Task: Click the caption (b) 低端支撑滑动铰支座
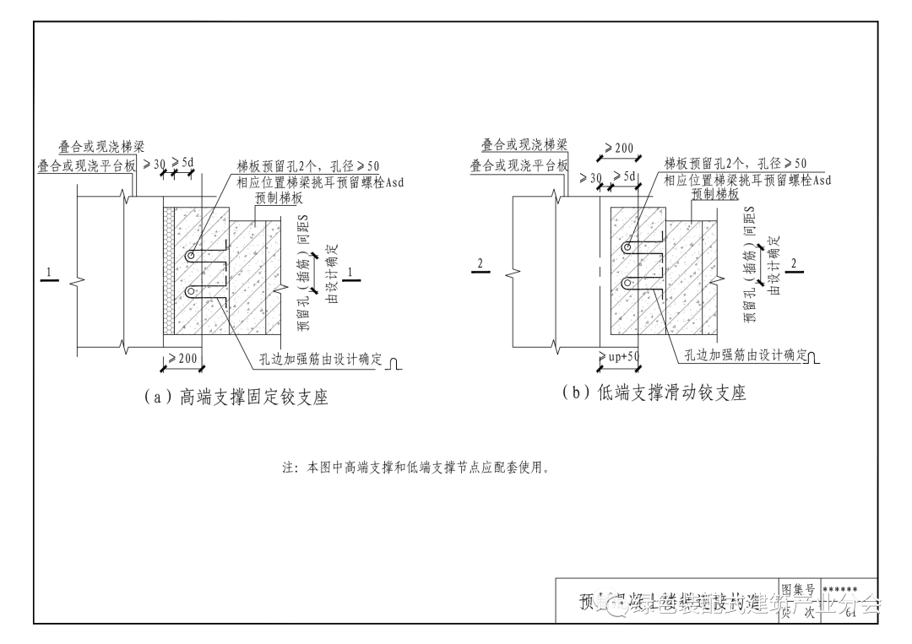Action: click(x=654, y=392)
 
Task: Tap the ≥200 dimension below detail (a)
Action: click(x=182, y=359)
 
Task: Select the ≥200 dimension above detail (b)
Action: click(x=619, y=149)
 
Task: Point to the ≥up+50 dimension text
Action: click(x=620, y=357)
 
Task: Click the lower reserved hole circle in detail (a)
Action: click(x=192, y=292)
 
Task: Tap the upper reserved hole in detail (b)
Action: click(x=627, y=248)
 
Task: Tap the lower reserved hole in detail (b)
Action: click(x=627, y=282)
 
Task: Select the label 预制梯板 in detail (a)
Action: click(x=279, y=198)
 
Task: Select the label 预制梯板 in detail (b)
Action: click(x=715, y=193)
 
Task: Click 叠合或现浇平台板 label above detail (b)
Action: click(x=519, y=165)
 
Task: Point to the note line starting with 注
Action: click(x=416, y=467)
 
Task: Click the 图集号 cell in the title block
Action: click(x=797, y=588)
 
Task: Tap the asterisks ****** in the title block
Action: click(x=839, y=589)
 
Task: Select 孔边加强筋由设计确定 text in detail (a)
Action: click(x=321, y=360)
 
